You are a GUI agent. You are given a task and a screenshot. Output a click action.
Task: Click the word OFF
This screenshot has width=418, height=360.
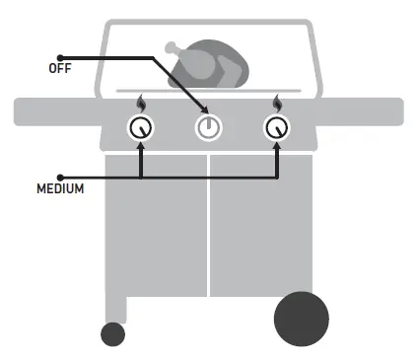59,70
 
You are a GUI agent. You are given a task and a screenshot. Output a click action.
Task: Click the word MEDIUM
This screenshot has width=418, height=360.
58,187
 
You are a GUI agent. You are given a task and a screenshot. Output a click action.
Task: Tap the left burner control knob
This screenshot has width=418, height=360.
142,126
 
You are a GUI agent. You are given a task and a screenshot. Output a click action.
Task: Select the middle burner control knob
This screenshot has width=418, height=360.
208,127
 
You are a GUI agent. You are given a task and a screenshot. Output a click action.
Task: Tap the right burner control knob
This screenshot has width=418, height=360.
277,126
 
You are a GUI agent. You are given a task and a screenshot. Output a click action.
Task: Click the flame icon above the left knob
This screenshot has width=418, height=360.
142,103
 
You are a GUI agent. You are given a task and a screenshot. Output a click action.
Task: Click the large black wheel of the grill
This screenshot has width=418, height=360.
300,318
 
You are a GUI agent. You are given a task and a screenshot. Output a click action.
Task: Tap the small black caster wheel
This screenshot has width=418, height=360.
113,333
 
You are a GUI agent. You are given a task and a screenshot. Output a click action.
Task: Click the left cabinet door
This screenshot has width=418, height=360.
157,227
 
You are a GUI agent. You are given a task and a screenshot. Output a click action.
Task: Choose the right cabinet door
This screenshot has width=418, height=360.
258,227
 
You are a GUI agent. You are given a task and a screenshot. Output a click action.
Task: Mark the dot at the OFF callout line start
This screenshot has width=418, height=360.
60,57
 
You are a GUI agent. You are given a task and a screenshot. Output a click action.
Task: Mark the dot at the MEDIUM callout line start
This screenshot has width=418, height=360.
60,177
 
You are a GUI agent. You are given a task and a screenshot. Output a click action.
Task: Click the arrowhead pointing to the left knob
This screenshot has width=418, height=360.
142,144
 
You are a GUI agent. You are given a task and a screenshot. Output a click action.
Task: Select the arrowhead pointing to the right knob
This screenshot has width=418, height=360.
277,144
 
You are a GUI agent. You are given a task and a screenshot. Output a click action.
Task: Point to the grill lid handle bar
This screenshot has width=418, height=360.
209,92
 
